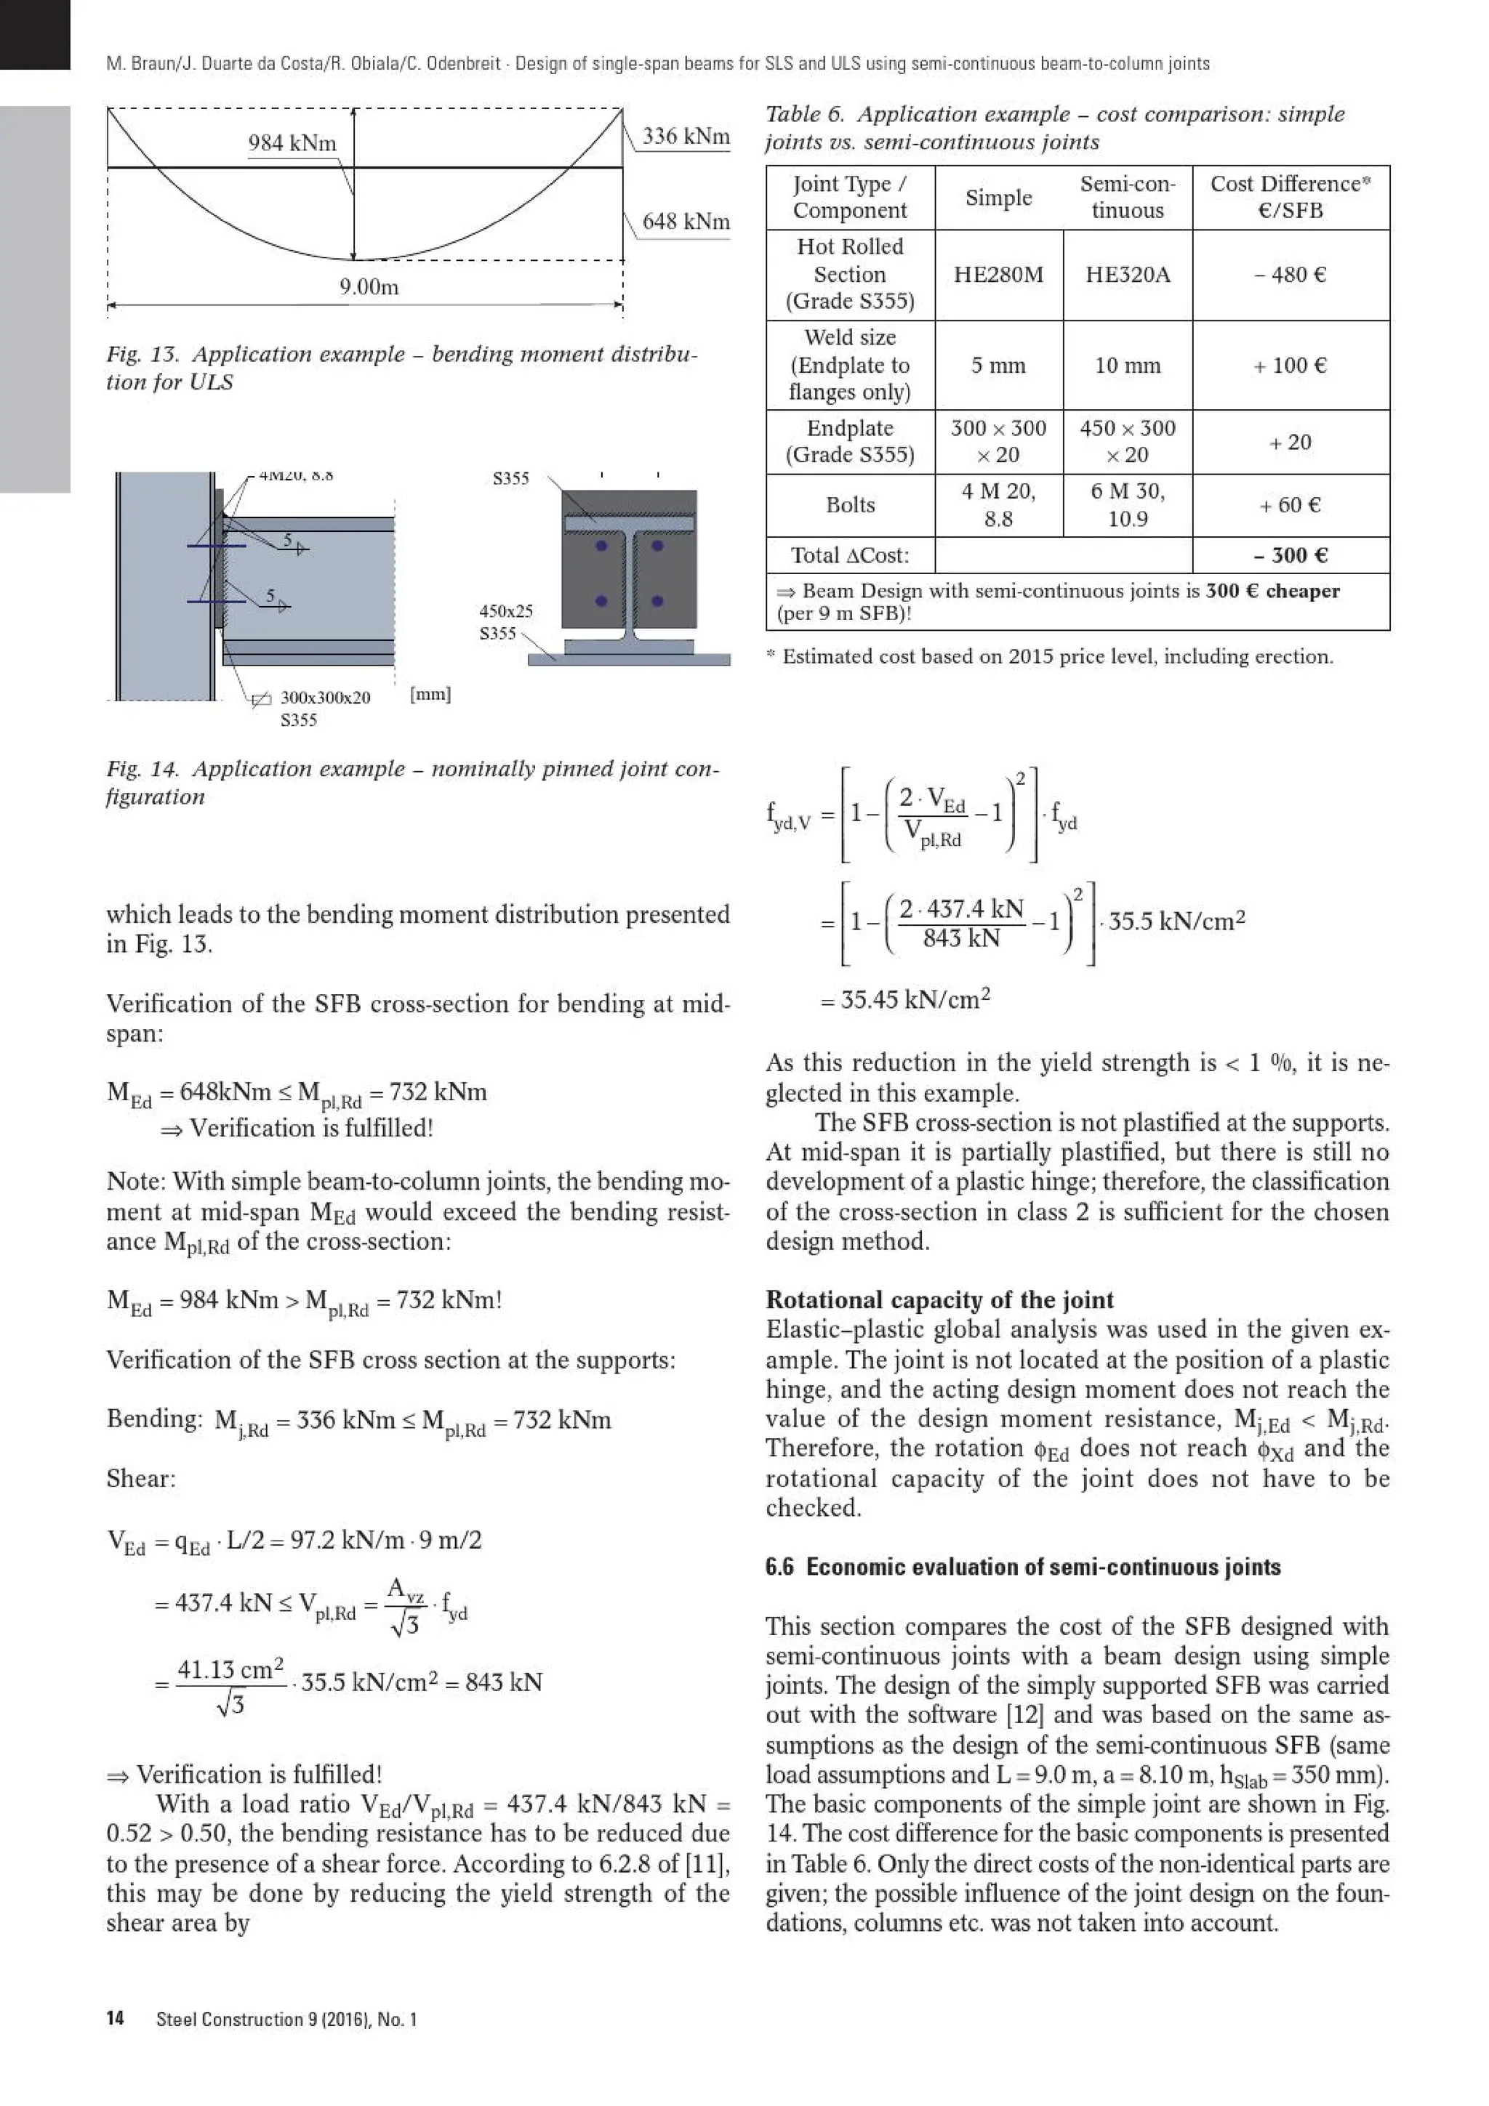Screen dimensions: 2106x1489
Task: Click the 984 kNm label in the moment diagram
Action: pos(292,143)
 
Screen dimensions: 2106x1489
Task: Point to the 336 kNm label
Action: pos(686,137)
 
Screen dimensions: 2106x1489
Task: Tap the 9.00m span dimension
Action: pos(369,287)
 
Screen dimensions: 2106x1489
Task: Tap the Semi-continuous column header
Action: pos(1128,197)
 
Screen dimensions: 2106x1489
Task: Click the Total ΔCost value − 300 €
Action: pos(1290,556)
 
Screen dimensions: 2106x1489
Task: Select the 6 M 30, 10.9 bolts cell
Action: pos(1128,505)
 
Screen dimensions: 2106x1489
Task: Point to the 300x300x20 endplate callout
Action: pos(325,698)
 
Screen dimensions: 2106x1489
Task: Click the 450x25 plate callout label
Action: pos(505,612)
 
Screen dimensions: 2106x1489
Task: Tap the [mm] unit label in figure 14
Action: pos(430,694)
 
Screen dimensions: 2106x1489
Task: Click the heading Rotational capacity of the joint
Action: pos(939,1300)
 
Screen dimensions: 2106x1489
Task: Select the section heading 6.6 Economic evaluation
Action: pos(1023,1567)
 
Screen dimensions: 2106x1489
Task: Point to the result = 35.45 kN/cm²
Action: pos(905,1000)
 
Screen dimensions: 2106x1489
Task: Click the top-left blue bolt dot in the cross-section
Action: pos(601,546)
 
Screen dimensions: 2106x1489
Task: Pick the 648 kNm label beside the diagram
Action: pos(686,222)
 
